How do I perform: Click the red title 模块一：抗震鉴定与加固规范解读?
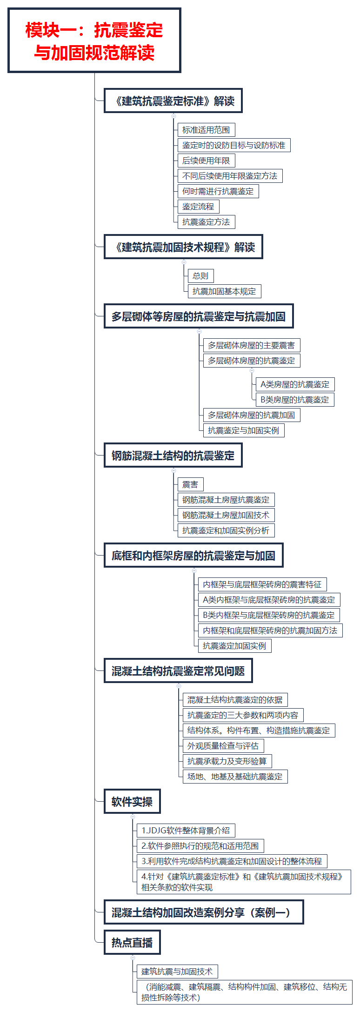click(94, 41)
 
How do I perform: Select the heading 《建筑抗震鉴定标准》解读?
click(173, 101)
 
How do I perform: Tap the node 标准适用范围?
click(206, 130)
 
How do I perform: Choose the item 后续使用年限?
click(206, 161)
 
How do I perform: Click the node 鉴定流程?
click(198, 207)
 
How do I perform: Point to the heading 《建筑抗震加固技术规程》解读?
click(183, 247)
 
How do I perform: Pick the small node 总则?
click(200, 276)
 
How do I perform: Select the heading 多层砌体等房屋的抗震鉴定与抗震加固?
click(199, 316)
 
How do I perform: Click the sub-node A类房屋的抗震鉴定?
click(295, 384)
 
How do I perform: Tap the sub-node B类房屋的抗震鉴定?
click(295, 400)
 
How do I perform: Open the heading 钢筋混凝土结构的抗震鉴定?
click(173, 456)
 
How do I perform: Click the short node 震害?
click(190, 484)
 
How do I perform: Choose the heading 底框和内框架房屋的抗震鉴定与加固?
click(193, 556)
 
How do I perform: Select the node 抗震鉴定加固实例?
click(234, 646)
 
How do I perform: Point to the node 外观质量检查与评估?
click(223, 746)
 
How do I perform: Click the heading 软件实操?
click(132, 802)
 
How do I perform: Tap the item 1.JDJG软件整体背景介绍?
click(186, 831)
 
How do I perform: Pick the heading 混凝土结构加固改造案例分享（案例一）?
click(204, 912)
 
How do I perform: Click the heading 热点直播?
click(132, 943)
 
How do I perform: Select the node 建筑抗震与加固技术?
click(177, 972)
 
